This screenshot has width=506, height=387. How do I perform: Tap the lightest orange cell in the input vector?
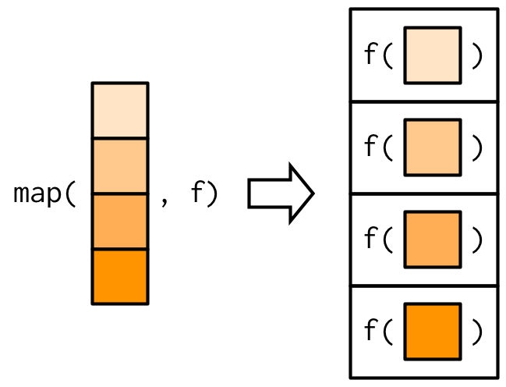[119, 111]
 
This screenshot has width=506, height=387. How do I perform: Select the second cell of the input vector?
[119, 166]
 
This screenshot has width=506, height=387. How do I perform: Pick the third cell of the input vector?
[119, 222]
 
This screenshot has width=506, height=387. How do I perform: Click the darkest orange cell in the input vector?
[119, 276]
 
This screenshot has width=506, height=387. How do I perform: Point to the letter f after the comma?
[196, 194]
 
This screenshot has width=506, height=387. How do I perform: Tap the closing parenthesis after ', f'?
[213, 194]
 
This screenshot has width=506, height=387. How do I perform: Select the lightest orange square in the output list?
[432, 55]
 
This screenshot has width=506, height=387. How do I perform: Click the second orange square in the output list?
[432, 147]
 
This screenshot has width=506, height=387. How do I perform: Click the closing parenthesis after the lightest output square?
[477, 55]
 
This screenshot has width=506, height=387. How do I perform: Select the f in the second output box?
[371, 147]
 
